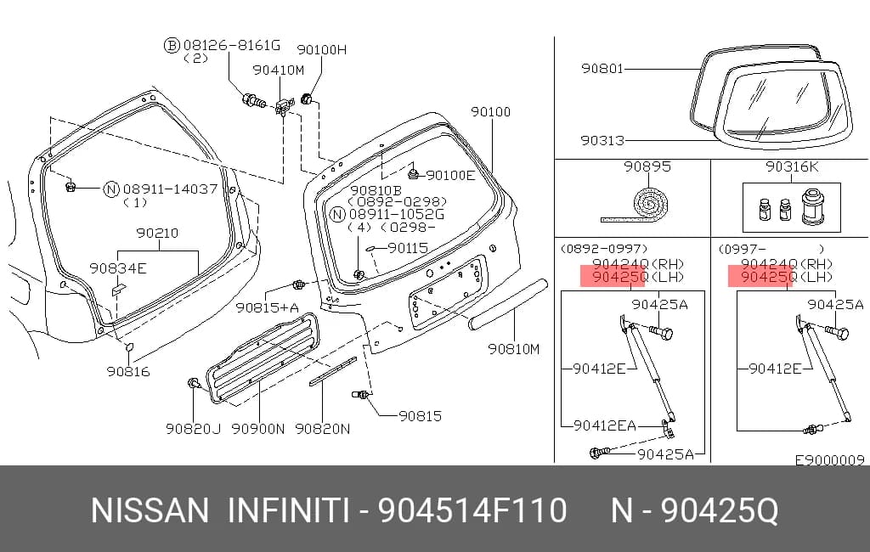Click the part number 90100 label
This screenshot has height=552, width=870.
click(x=490, y=112)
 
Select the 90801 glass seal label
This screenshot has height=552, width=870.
click(x=602, y=69)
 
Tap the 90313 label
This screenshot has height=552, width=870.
click(x=602, y=141)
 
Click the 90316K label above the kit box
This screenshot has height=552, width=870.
click(x=791, y=166)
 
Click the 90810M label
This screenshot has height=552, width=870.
click(x=513, y=349)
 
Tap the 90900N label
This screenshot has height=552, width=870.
click(x=258, y=429)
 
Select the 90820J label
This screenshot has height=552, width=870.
click(x=193, y=429)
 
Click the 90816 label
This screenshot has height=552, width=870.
click(x=128, y=372)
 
